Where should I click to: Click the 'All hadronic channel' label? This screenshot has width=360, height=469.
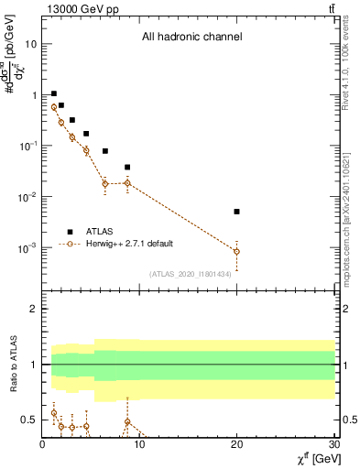[192, 38]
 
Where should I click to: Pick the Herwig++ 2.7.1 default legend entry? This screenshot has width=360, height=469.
[128, 244]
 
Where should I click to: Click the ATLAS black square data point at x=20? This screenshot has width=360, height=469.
[237, 212]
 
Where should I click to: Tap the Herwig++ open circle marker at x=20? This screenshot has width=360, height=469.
[237, 251]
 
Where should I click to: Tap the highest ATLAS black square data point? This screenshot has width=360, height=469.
[54, 93]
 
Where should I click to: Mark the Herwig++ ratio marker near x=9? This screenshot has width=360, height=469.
[127, 422]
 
